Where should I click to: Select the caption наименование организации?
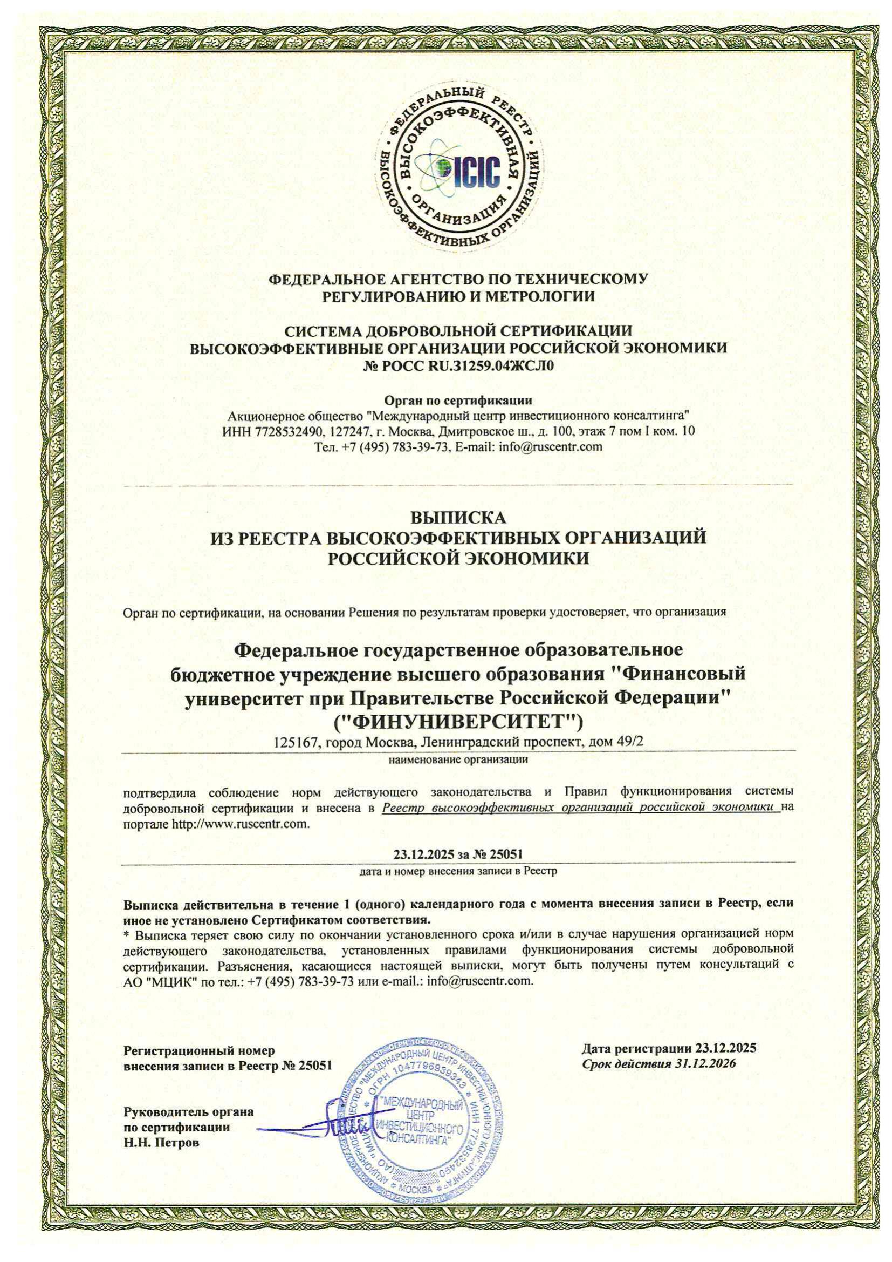458,761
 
